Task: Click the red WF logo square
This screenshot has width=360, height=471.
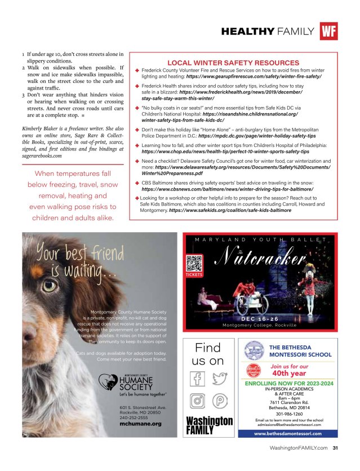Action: click(328, 31)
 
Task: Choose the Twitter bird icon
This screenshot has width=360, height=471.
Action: click(220, 378)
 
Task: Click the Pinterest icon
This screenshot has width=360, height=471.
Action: click(220, 401)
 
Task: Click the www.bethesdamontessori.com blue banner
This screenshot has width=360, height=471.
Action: click(288, 434)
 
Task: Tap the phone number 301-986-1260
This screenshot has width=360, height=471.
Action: click(288, 414)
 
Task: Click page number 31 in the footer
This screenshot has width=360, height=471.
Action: click(335, 448)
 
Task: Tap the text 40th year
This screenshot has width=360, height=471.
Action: click(289, 372)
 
